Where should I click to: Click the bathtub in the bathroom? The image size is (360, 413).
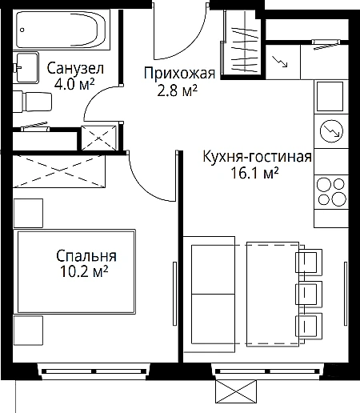[x=61, y=30]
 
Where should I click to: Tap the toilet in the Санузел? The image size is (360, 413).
[x=33, y=102]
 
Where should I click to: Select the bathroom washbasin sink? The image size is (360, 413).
[x=26, y=67]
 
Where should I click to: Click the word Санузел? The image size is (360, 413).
[x=75, y=69]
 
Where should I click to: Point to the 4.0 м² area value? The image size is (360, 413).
[x=74, y=84]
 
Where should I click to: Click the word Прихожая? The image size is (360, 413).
[x=179, y=73]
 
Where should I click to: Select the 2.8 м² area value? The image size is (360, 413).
[x=178, y=90]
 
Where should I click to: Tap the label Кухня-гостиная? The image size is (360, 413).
[x=258, y=156]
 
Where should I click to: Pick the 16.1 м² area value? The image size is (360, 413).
[x=254, y=173]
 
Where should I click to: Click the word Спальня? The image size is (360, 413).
[x=86, y=255]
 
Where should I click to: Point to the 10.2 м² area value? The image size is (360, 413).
[x=84, y=271]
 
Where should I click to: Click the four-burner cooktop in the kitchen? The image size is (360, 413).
[x=331, y=192]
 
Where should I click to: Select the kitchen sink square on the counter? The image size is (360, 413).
[x=330, y=96]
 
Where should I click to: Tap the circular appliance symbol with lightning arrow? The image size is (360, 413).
[x=331, y=130]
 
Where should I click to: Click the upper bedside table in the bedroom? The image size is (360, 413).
[x=28, y=213]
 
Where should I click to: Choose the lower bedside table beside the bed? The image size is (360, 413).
[x=28, y=331]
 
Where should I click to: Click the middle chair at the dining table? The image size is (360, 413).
[x=309, y=293]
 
